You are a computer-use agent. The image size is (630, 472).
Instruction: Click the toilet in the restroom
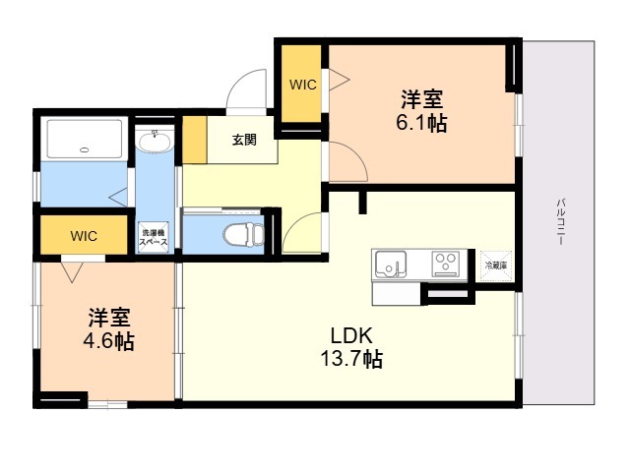(x=244, y=234)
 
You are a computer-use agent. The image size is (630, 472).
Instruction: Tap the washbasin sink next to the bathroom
(x=155, y=141)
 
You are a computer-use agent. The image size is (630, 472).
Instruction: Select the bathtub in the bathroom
(x=85, y=139)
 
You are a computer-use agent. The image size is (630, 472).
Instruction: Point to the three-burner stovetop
(x=446, y=264)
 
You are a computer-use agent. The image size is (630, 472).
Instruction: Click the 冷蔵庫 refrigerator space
(x=496, y=265)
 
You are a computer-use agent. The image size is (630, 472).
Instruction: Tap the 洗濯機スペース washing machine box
(x=154, y=238)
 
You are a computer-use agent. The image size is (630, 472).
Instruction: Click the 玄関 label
(x=244, y=140)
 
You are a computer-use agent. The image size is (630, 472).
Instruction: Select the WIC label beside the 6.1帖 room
(x=303, y=85)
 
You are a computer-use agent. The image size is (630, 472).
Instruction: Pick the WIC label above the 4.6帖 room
(x=84, y=236)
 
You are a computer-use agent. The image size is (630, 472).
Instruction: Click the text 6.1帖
(x=421, y=123)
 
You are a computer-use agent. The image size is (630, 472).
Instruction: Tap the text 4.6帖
(x=108, y=341)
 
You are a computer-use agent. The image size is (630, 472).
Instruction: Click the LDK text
(x=351, y=335)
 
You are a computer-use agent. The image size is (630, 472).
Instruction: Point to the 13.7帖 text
(x=351, y=359)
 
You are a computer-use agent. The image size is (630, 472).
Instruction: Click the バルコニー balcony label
(x=561, y=221)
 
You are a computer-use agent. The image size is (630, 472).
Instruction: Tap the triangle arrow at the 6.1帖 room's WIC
(x=339, y=80)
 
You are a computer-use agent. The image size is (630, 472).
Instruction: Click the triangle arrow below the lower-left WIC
(x=72, y=272)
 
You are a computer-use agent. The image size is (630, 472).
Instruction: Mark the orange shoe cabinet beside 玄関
(x=195, y=140)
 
